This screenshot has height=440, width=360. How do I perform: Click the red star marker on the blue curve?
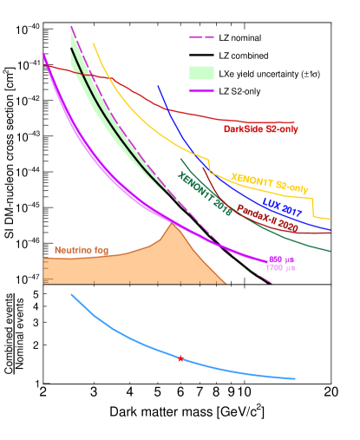[x=180, y=358]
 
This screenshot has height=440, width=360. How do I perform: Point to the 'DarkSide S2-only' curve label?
[x=262, y=129]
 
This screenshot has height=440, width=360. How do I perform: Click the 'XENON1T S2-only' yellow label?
[x=271, y=182]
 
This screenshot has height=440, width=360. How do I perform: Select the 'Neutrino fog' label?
[x=87, y=250]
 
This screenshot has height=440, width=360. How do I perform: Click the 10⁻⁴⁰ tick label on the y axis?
[x=27, y=29]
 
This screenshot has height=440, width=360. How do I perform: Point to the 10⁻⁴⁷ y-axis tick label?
[x=27, y=279]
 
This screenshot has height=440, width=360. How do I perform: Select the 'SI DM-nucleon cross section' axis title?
[x=10, y=156]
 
